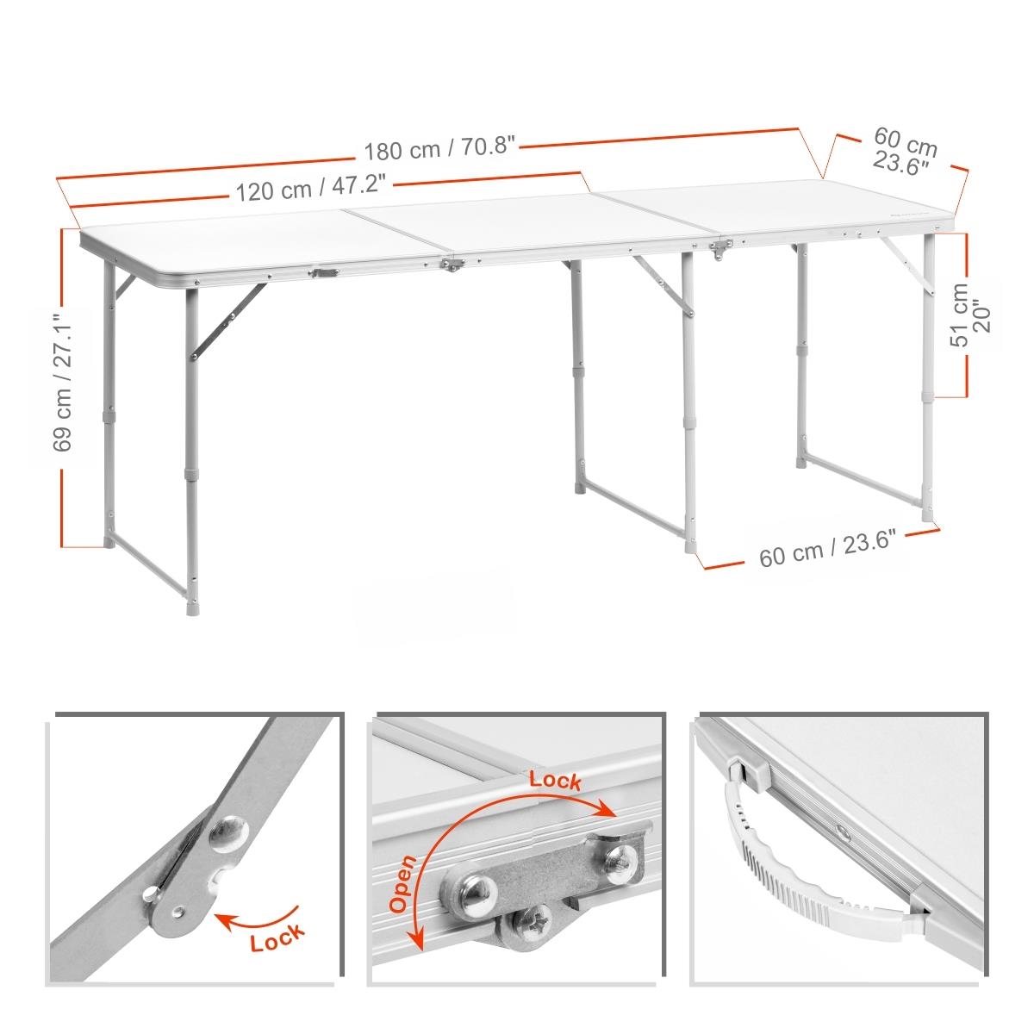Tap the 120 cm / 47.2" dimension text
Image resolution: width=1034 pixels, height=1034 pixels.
pyautogui.click(x=311, y=188)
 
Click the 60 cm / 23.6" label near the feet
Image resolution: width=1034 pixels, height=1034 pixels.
pyautogui.click(x=828, y=547)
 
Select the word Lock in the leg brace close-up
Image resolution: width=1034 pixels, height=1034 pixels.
pyautogui.click(x=277, y=937)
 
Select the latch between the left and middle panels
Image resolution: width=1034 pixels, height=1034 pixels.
pyautogui.click(x=453, y=264)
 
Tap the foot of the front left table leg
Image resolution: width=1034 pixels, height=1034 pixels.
pyautogui.click(x=191, y=608)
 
